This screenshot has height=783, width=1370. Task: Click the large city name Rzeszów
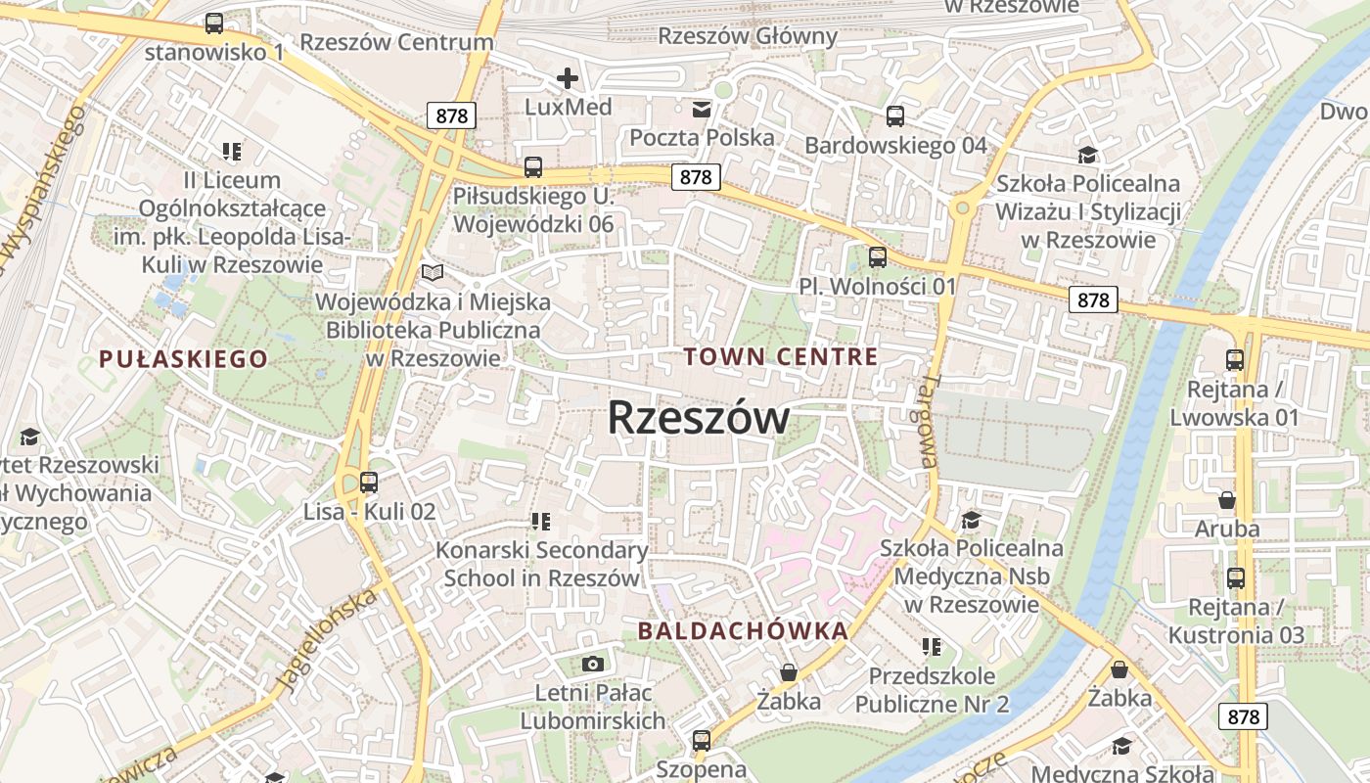[x=698, y=418]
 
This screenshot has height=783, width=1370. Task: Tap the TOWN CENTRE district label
[x=781, y=356]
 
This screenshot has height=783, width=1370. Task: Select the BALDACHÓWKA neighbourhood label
[x=743, y=631]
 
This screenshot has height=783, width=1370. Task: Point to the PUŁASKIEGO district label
[x=183, y=359]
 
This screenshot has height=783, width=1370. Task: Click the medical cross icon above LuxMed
[x=568, y=78]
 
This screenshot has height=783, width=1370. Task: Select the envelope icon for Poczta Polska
[x=702, y=109]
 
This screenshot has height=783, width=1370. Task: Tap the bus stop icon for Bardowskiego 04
[x=894, y=116]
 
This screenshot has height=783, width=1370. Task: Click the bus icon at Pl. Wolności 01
[x=878, y=257]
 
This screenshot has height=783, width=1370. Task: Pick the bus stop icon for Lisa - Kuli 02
[x=368, y=482]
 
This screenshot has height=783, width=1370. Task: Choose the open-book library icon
[x=432, y=273]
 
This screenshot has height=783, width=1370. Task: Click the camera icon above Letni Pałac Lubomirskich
[x=592, y=665]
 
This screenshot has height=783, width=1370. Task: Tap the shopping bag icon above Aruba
[x=1226, y=500]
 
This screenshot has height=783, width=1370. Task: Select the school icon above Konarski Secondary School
[x=541, y=522]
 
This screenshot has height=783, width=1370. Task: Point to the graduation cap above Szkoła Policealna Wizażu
[x=1087, y=155]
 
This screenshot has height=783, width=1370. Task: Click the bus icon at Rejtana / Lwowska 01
[x=1235, y=360]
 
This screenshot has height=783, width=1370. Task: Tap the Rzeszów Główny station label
[x=749, y=36]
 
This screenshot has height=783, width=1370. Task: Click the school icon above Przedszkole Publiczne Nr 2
[x=932, y=647]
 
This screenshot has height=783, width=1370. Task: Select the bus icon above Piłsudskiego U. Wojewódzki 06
[x=532, y=167]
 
